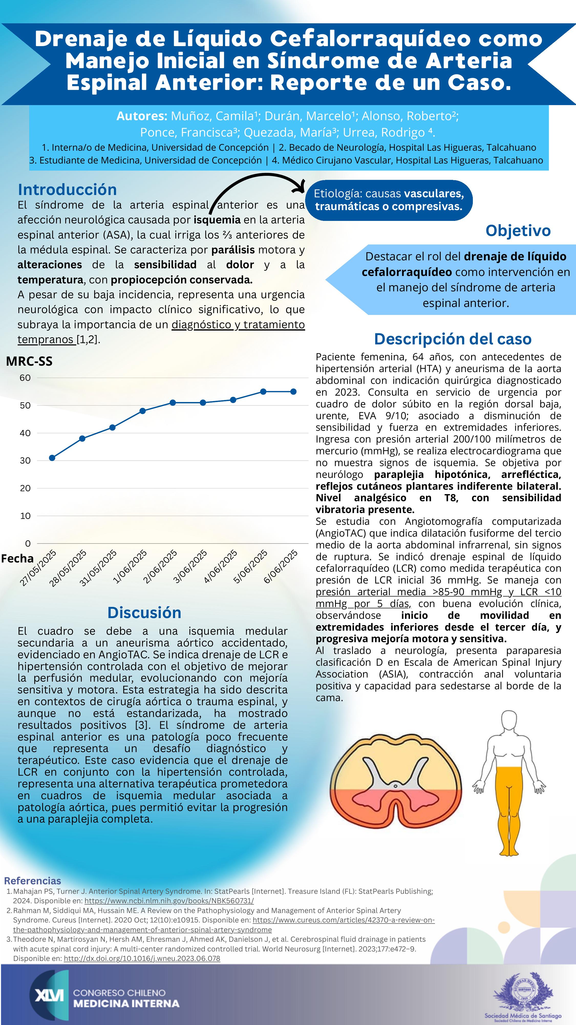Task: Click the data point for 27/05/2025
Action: (x=52, y=458)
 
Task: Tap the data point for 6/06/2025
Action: (x=293, y=392)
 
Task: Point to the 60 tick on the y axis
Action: (x=25, y=378)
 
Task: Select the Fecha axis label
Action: (x=17, y=558)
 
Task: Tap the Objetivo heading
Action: (x=518, y=230)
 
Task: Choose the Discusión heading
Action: (x=144, y=612)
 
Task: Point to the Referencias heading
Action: (x=33, y=880)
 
